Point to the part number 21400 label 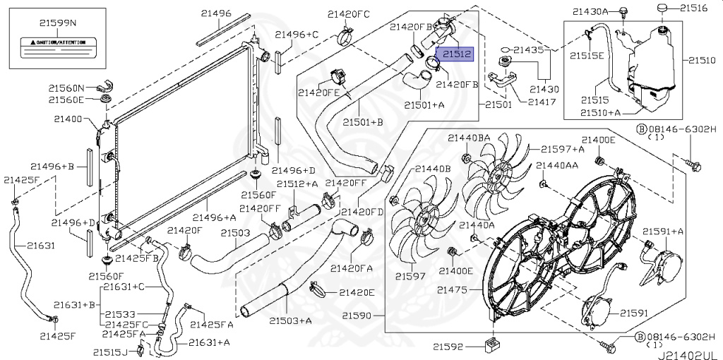67,119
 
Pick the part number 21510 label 702,61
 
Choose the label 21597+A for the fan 563,149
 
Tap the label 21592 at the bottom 447,346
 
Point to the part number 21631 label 41,246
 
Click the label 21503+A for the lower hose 290,321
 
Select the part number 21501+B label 364,122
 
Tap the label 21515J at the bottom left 110,352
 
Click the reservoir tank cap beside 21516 662,8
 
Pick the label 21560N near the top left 66,88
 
